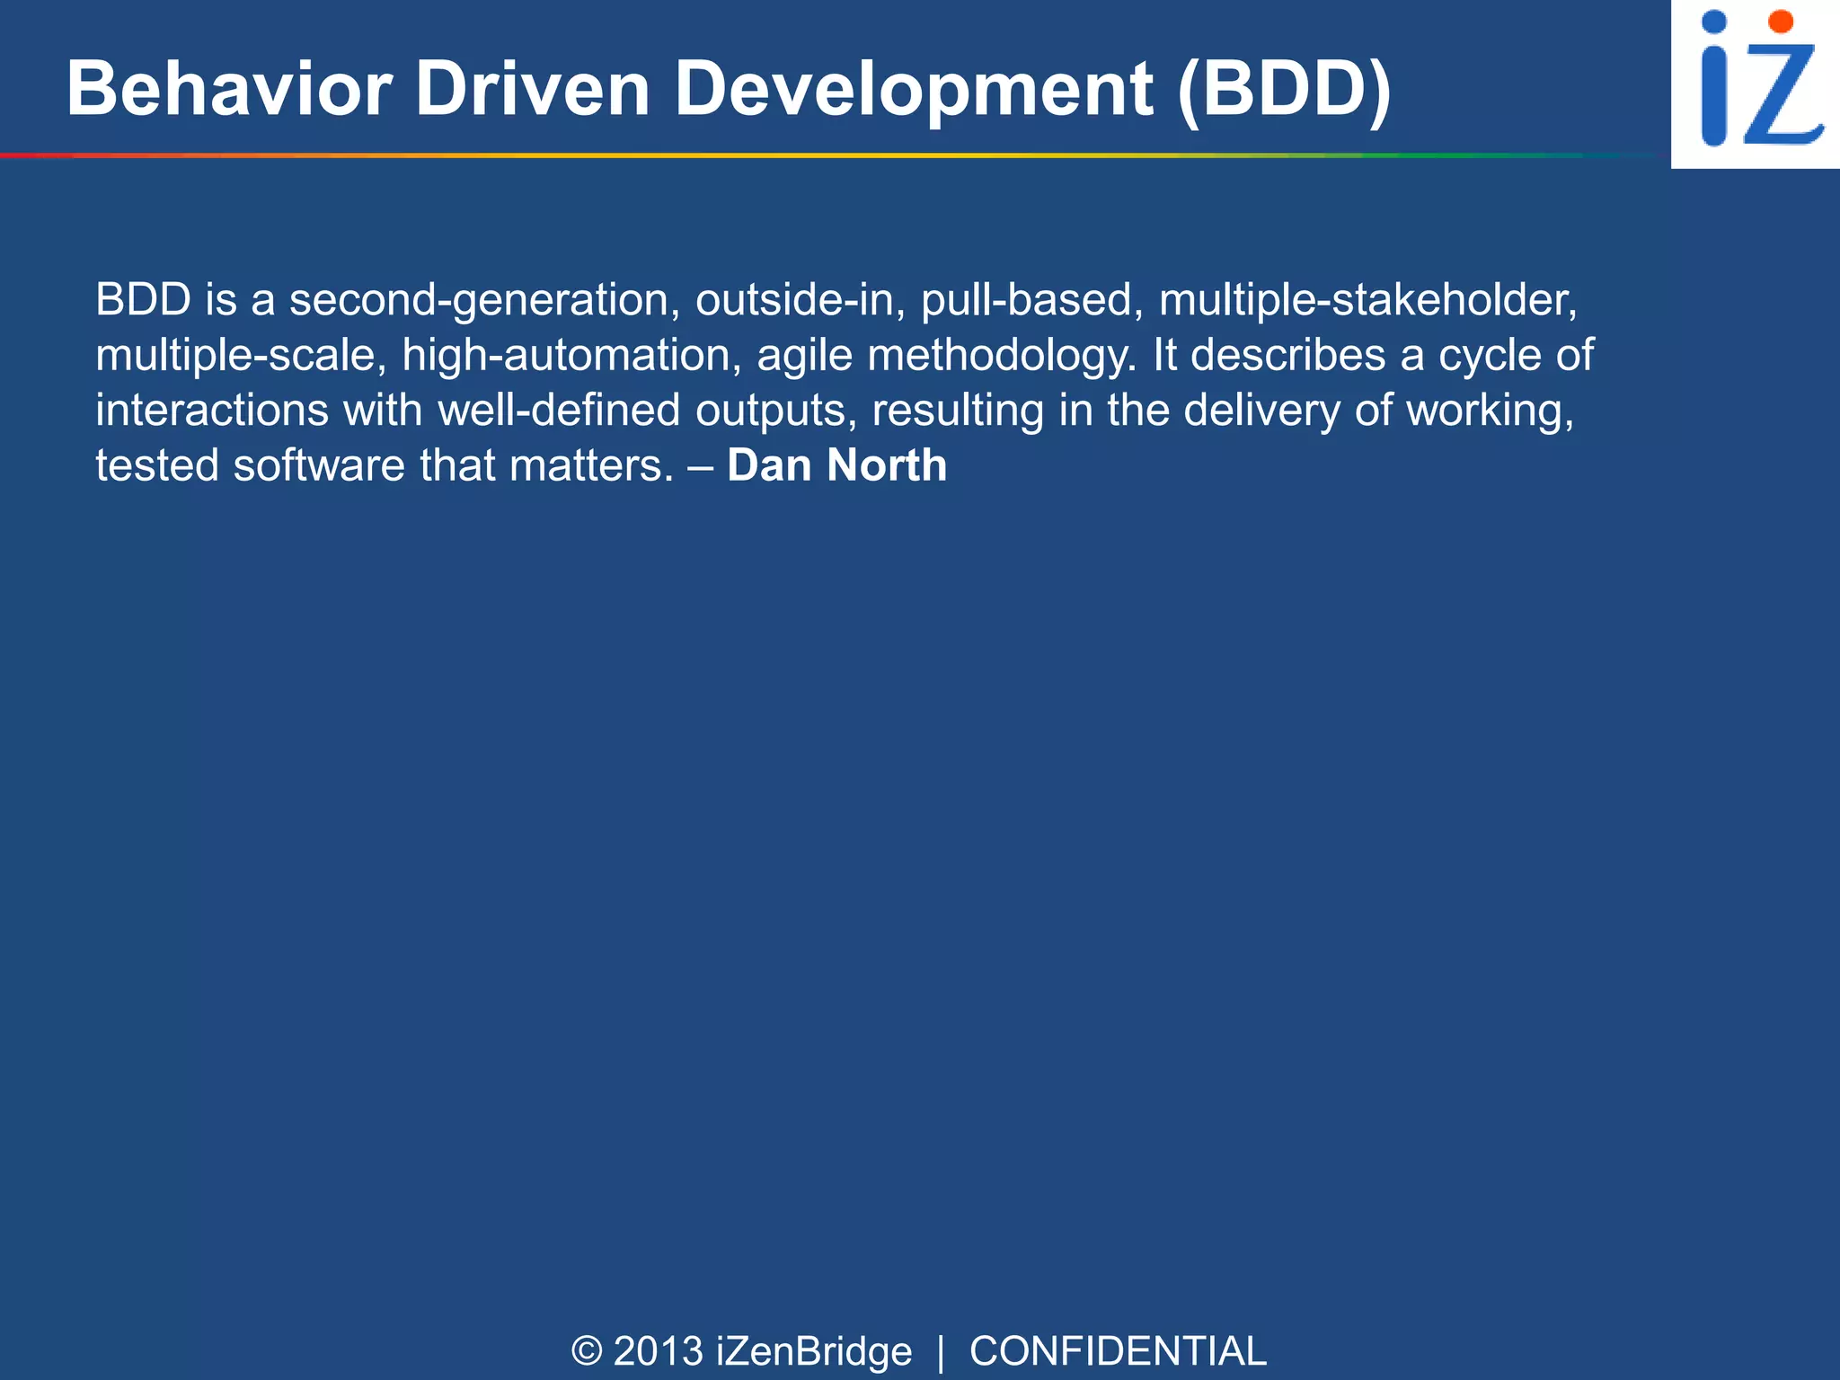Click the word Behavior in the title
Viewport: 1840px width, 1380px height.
tap(229, 89)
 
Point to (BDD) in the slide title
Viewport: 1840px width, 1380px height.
tap(1284, 89)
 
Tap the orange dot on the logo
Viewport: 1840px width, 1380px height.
tap(1781, 22)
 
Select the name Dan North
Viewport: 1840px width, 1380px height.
tap(836, 465)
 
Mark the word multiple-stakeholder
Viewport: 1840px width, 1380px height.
tap(1367, 300)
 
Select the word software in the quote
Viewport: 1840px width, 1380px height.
tap(319, 465)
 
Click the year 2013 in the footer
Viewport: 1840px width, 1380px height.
tap(658, 1351)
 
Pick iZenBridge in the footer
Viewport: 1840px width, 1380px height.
tap(814, 1351)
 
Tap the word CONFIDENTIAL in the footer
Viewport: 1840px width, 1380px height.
tap(1118, 1351)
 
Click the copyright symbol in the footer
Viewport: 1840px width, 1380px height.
tap(586, 1351)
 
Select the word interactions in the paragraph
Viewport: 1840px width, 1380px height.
tap(212, 411)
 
